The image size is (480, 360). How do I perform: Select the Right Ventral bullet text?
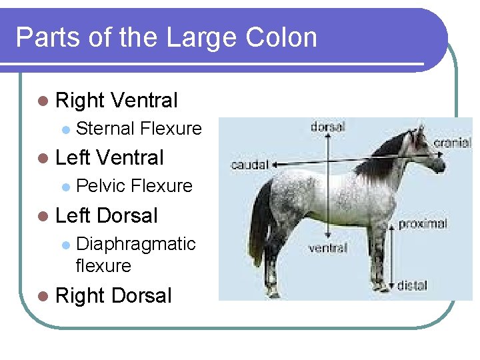click(x=117, y=101)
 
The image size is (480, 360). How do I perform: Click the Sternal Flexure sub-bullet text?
click(x=139, y=128)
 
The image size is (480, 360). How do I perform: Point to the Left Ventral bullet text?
click(x=109, y=158)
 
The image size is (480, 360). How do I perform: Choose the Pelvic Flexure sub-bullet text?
click(x=135, y=185)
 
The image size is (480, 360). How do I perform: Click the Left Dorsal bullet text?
click(x=107, y=216)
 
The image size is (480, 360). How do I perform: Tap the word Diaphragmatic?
click(x=136, y=244)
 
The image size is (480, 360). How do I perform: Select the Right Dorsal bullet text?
click(x=114, y=295)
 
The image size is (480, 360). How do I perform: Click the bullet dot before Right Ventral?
click(x=43, y=101)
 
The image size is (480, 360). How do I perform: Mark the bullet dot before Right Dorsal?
click(x=43, y=296)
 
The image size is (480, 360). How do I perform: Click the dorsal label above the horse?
click(x=327, y=127)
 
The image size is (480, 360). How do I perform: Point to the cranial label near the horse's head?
click(x=453, y=143)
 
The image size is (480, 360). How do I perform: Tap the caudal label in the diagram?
click(x=249, y=164)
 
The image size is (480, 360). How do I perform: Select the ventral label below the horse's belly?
click(x=327, y=248)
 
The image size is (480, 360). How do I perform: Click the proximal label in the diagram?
click(x=422, y=224)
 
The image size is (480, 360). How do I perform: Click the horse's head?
click(x=427, y=150)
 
